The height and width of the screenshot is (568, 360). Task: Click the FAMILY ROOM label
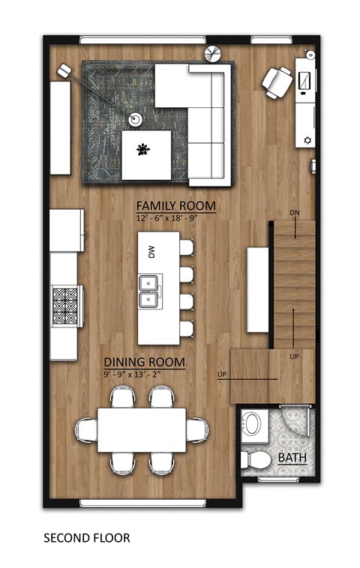[175, 205]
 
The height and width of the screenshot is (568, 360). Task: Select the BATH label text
[292, 458]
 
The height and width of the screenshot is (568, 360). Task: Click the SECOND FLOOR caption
[86, 538]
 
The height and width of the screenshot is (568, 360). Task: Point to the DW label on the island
[151, 253]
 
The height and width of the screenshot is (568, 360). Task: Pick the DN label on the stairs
[295, 213]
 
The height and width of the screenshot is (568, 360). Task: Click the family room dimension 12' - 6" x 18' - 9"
[175, 218]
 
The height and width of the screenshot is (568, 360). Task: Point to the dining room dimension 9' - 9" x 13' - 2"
[145, 374]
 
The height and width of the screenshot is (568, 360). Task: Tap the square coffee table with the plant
[146, 154]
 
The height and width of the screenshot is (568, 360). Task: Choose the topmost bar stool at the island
[185, 247]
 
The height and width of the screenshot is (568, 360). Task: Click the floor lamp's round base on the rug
[136, 118]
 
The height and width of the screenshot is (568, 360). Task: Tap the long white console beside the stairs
[258, 289]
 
